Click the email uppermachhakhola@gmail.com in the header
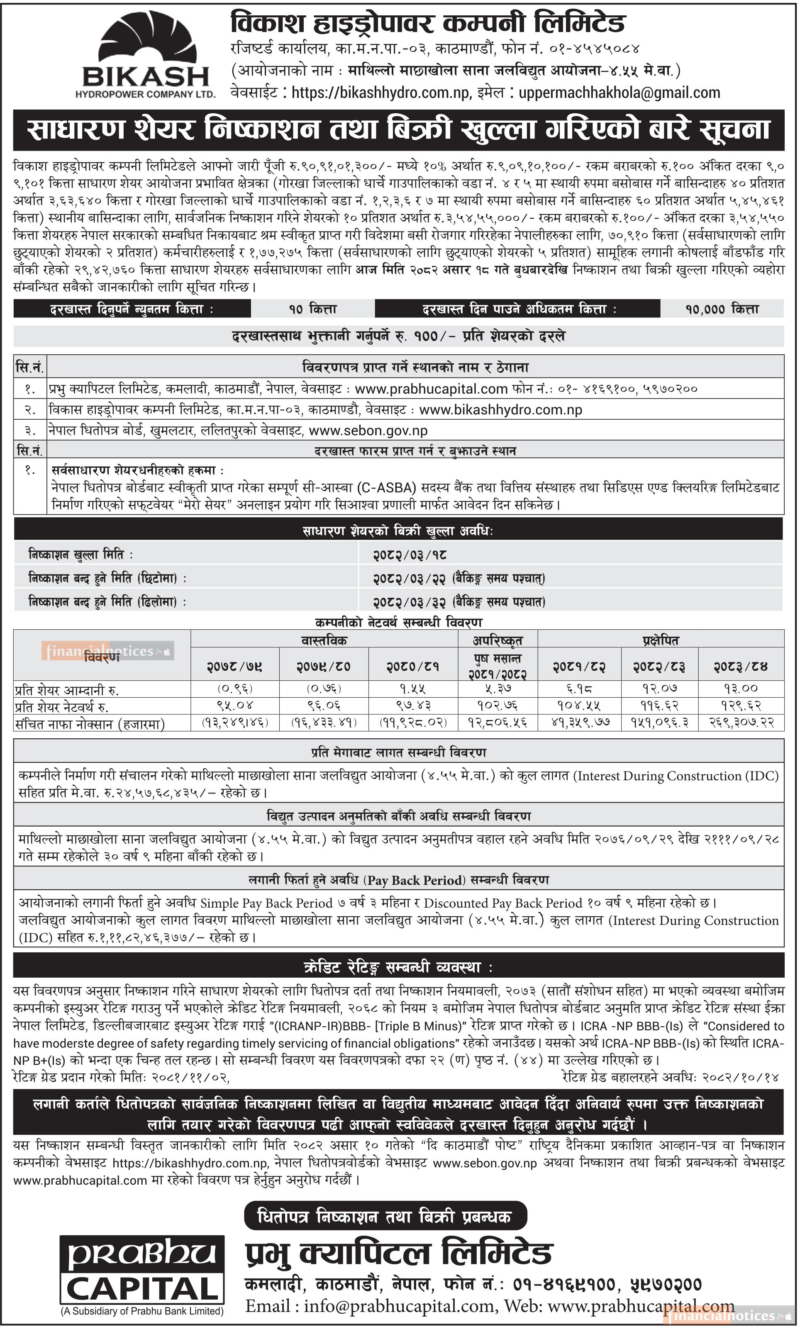click(x=619, y=92)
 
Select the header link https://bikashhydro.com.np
click(x=380, y=92)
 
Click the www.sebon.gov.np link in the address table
click(x=368, y=430)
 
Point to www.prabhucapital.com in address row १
click(x=431, y=389)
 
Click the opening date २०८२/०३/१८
click(x=410, y=555)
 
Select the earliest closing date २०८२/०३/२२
click(x=410, y=578)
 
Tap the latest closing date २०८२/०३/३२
click(x=410, y=601)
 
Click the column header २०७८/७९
click(x=234, y=666)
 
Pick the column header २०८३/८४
click(x=741, y=666)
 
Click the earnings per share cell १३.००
click(x=741, y=688)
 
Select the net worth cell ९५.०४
click(x=234, y=706)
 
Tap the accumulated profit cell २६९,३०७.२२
click(x=741, y=723)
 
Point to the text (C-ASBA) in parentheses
click(x=387, y=488)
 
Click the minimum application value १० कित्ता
click(x=313, y=309)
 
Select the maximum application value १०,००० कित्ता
click(x=722, y=309)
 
